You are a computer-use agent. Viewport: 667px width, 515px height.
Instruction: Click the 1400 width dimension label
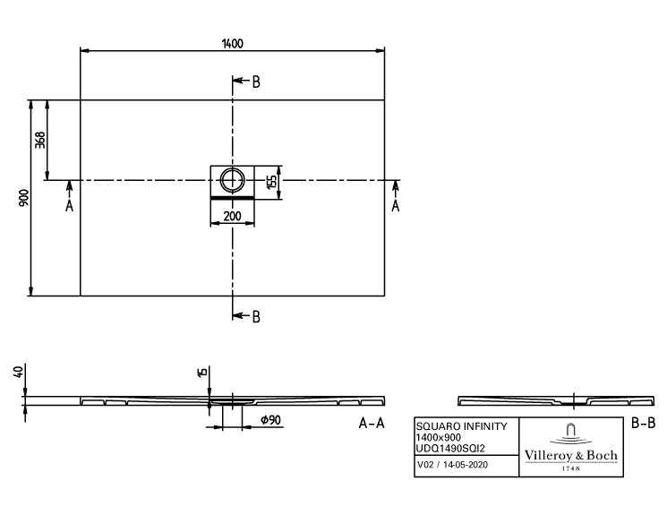pos(232,43)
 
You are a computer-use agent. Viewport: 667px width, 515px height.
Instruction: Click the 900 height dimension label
pos(24,198)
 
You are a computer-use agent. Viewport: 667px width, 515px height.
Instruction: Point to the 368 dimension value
pos(39,140)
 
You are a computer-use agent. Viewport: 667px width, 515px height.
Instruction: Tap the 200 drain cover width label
pos(232,216)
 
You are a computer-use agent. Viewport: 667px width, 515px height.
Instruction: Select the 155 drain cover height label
pos(271,181)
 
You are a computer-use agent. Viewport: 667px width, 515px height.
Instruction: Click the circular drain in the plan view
pos(232,180)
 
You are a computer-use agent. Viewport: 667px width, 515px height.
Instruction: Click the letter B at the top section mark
pos(256,82)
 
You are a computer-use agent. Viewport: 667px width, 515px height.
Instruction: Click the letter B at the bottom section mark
pos(256,317)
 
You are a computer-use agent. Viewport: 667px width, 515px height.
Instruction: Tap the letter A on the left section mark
pos(69,206)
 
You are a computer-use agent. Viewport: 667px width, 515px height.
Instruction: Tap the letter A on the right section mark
pos(396,206)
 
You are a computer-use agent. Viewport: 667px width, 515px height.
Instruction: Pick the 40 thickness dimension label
pos(18,373)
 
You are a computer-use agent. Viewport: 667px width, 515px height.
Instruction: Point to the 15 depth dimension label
pos(202,372)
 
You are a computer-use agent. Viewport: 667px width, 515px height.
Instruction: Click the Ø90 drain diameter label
pos(270,420)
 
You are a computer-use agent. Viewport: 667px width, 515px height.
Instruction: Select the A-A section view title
pos(372,423)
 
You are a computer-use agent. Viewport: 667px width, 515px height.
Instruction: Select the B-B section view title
pos(643,423)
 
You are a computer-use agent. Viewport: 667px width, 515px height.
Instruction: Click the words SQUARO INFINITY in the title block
pos(462,426)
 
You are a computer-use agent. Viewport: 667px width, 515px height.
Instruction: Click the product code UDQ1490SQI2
pos(450,448)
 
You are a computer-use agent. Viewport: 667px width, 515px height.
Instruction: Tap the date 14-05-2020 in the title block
pos(466,465)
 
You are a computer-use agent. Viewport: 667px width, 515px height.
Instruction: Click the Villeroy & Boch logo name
pos(571,455)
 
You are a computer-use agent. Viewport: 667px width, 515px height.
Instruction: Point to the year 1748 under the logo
pos(571,468)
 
